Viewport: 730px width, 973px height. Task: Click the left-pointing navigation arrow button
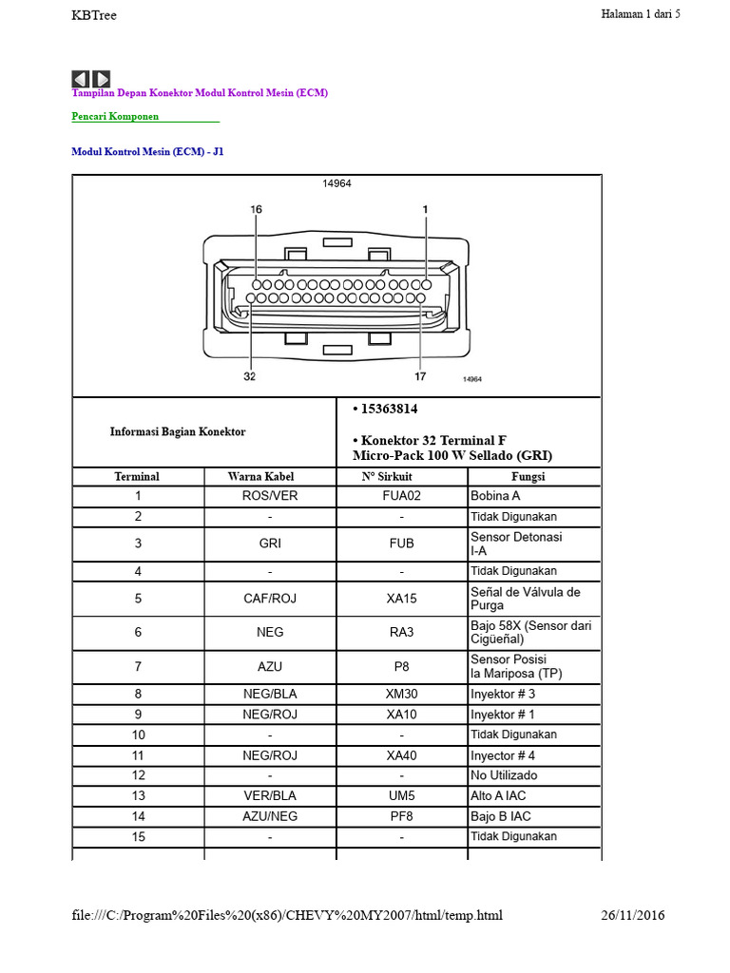[81, 79]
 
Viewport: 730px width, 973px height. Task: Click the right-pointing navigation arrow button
[101, 79]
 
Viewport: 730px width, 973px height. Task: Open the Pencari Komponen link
[115, 116]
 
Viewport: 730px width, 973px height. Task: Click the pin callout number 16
[257, 210]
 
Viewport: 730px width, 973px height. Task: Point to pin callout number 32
[250, 376]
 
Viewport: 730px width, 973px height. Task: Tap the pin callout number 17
[420, 376]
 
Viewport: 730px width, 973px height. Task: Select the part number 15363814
[389, 409]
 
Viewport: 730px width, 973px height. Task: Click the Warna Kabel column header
[260, 477]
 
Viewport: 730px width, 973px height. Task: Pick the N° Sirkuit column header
[387, 477]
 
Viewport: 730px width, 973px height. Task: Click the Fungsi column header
[528, 477]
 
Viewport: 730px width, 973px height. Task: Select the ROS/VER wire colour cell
[270, 496]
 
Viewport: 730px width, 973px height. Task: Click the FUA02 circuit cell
[402, 496]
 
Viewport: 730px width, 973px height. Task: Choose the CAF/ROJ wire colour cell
[270, 599]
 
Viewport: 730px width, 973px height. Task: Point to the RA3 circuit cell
[402, 632]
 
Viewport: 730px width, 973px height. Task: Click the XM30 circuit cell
[402, 694]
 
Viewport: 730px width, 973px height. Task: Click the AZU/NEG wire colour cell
[270, 816]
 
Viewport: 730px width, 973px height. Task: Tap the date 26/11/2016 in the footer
[632, 915]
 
